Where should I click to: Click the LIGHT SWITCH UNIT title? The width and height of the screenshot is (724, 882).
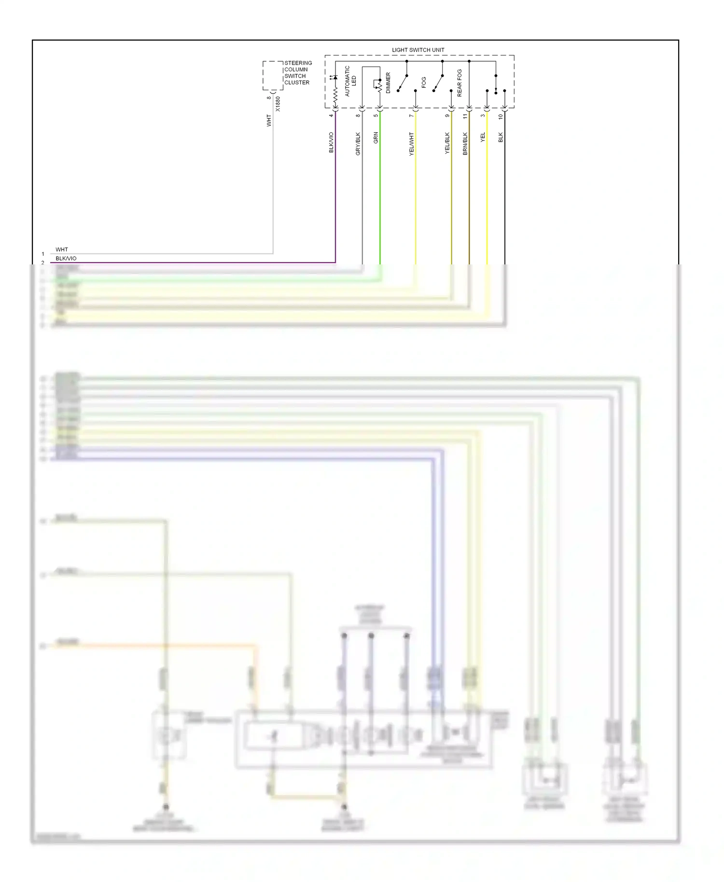(x=418, y=50)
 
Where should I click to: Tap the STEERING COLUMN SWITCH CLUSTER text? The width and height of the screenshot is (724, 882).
(x=298, y=73)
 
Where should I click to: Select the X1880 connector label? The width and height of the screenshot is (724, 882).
(x=278, y=104)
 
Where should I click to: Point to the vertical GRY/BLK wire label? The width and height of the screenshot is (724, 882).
(x=358, y=143)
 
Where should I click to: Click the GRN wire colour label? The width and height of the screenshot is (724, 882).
(x=376, y=138)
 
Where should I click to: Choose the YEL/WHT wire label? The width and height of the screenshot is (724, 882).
(x=412, y=143)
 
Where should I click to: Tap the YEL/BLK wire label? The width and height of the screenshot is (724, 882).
(x=447, y=143)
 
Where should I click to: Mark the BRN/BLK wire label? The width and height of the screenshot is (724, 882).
(x=465, y=143)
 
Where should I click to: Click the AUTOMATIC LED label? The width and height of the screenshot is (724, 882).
(x=350, y=81)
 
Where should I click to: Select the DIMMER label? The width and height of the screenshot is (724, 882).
(x=388, y=83)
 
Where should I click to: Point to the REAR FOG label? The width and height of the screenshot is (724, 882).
(x=459, y=83)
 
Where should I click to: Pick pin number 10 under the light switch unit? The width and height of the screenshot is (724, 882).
(x=501, y=116)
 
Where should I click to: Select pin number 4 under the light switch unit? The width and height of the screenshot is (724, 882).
(x=331, y=115)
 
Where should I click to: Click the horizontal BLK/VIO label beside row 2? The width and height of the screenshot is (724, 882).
(x=66, y=259)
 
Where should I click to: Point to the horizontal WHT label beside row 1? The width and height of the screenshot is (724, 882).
(x=62, y=249)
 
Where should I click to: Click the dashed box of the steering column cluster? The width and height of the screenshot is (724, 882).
(x=273, y=75)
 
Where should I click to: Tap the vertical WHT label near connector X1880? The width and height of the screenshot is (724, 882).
(x=269, y=121)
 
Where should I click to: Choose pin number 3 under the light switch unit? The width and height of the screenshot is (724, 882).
(x=483, y=115)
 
